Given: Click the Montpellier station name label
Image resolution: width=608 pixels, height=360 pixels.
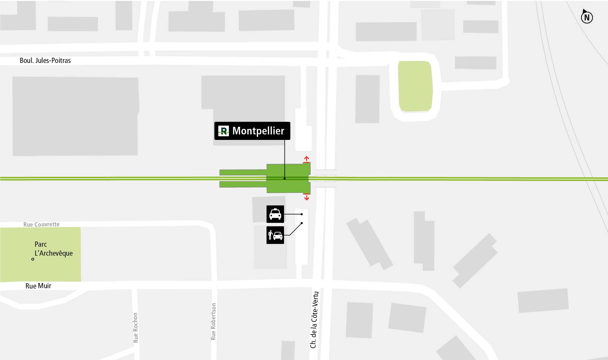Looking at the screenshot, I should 258,131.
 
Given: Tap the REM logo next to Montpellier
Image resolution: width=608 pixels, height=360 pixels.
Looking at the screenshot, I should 224,131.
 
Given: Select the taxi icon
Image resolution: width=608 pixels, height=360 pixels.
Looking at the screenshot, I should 275,214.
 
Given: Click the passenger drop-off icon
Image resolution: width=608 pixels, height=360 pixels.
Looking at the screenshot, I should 275,235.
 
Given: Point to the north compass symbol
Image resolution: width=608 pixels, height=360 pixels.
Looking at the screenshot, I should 587,17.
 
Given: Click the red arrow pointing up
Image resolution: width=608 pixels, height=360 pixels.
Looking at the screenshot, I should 306,159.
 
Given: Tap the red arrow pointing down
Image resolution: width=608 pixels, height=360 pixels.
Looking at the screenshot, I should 306,198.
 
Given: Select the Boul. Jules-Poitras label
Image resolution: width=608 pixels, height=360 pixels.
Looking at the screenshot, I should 45,60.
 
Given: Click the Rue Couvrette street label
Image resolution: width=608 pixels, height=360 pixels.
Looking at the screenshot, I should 41,225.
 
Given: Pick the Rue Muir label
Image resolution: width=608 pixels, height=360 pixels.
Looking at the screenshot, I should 38,286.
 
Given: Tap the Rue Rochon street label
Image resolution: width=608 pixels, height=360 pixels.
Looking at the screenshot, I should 135,328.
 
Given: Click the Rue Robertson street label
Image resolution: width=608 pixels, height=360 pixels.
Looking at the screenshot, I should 213,322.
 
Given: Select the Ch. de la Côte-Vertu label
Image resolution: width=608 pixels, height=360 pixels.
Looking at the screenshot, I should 314,320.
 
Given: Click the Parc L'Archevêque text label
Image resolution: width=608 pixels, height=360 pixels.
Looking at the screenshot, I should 54,249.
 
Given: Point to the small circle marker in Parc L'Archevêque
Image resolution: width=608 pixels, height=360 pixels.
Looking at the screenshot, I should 33,259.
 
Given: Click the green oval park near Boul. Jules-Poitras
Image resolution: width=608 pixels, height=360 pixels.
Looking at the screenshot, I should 415,86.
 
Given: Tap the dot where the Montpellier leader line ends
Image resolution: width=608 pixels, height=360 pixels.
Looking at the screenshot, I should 285,179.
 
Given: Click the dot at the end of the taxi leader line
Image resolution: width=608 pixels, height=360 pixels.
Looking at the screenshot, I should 302,214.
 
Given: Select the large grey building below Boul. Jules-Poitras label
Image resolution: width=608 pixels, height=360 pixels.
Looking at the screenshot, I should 75,116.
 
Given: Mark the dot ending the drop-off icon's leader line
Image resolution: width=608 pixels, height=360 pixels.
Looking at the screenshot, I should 302,223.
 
